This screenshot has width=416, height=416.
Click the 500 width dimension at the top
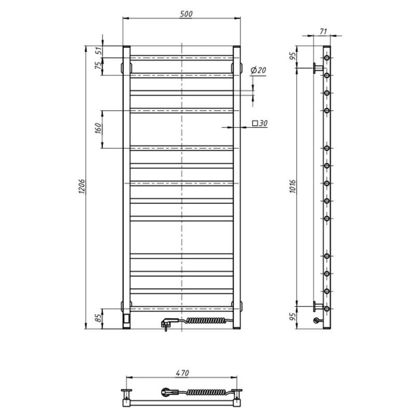(x=186, y=14)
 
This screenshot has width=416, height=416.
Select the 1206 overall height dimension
(x=82, y=186)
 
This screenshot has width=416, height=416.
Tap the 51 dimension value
(x=98, y=50)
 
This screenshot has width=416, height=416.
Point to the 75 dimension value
(x=98, y=66)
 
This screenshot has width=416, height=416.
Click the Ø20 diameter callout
(x=258, y=70)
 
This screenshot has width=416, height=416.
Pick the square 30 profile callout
(x=259, y=123)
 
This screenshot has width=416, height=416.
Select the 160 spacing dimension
(x=98, y=128)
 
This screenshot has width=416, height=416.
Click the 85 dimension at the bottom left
(x=98, y=318)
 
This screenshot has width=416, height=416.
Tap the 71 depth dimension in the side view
(x=323, y=32)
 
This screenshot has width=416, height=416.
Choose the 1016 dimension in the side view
(x=292, y=186)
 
